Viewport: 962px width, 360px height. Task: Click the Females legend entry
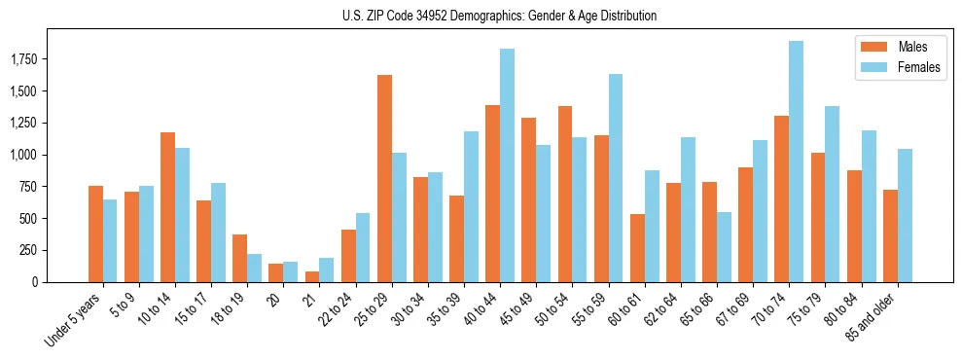(x=905, y=67)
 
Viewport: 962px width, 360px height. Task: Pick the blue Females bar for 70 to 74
(x=796, y=162)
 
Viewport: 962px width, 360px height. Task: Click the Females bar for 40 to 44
(x=507, y=165)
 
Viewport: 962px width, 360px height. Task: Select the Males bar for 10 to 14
(x=167, y=207)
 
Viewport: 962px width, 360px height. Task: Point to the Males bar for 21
(x=312, y=276)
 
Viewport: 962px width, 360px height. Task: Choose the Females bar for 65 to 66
(x=724, y=247)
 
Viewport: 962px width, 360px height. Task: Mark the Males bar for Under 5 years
(x=95, y=234)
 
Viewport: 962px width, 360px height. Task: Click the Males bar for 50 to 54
(x=565, y=194)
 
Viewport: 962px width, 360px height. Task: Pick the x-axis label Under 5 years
(x=74, y=320)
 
